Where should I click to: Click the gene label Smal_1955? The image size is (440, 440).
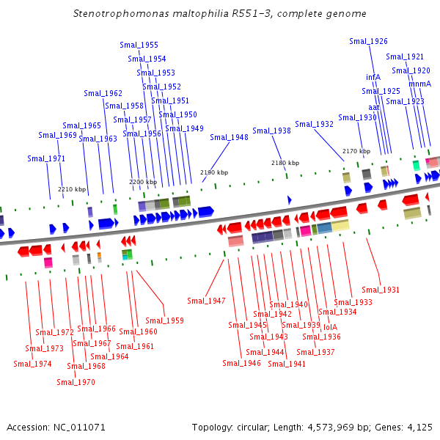point(139,45)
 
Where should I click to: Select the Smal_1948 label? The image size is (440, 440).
point(229,137)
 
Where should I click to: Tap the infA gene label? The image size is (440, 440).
point(373,77)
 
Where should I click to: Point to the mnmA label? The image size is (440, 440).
point(419,84)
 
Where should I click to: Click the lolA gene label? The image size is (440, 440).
point(330,327)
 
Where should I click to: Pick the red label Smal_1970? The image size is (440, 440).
point(76,382)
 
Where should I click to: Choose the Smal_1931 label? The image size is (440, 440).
point(381,290)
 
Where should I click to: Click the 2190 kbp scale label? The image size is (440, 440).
point(214,172)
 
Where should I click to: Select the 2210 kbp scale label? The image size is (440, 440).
point(72,189)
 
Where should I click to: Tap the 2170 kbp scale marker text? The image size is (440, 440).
point(356,151)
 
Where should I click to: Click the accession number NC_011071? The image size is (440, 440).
point(79,428)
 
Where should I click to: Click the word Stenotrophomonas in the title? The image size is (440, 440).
point(121,13)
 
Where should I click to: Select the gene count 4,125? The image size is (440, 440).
point(419,428)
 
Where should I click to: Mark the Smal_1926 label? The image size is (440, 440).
point(368,41)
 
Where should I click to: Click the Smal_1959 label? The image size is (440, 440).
point(164,320)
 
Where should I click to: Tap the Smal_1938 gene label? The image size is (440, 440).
point(271,131)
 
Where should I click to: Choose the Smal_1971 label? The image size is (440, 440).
point(46,159)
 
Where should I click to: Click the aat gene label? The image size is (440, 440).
point(374,108)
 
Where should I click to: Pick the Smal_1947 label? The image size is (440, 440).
point(206,301)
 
